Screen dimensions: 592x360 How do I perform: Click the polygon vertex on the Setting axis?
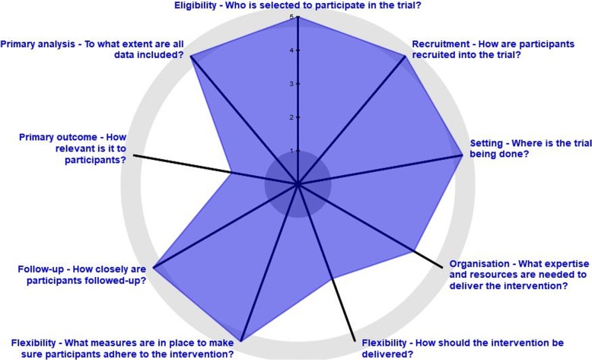pos(462,155)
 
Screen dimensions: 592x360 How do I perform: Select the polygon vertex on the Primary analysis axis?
pos(190,56)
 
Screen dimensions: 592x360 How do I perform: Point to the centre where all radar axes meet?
pos(298,184)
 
